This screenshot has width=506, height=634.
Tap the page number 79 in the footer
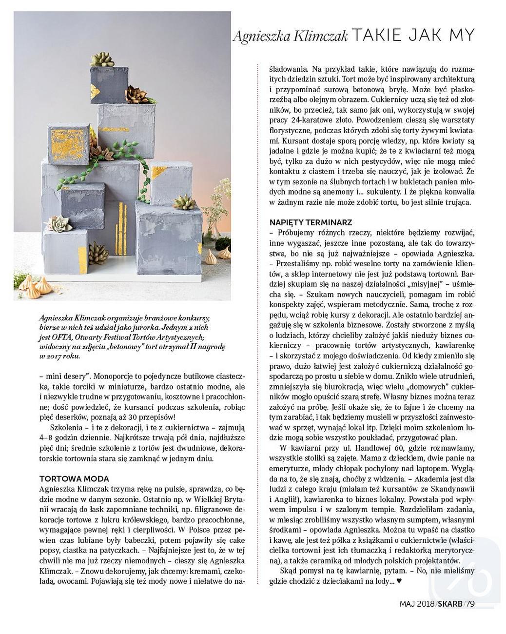pyautogui.click(x=470, y=604)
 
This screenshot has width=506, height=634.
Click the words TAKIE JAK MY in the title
pyautogui.click(x=412, y=36)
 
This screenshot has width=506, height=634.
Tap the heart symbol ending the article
pyautogui.click(x=399, y=581)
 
